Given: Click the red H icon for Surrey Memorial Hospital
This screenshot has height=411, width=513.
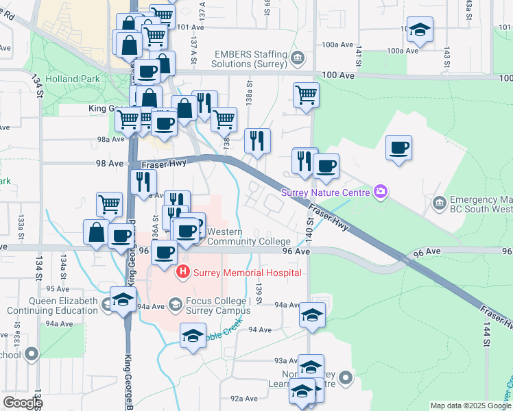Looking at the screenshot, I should (183, 273).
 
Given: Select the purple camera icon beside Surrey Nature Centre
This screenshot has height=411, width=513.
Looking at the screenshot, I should (380, 192).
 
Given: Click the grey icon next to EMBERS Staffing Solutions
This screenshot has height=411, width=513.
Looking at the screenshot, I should (297, 56).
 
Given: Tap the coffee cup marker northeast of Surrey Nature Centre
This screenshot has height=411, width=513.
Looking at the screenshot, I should (398, 149).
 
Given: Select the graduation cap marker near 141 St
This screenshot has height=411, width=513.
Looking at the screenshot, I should (420, 30).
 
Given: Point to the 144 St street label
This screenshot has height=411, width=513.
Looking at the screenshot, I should (487, 333).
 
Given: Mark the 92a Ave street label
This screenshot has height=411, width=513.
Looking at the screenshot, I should (243, 399).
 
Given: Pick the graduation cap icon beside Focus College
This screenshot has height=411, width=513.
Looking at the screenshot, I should (175, 303).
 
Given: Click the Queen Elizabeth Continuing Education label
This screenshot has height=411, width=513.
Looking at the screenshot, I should (63, 306).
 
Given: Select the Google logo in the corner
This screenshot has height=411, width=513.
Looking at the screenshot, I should (23, 403).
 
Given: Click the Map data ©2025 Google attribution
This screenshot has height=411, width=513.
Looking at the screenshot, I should (470, 406).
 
